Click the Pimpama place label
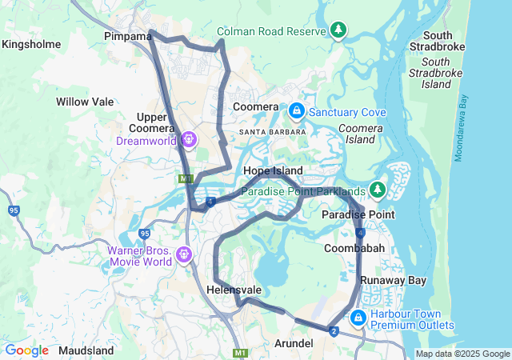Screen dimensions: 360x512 tap(128, 37)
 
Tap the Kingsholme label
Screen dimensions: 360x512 tap(31, 45)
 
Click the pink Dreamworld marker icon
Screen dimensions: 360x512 tap(189, 139)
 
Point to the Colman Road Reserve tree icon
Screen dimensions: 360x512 tap(339, 30)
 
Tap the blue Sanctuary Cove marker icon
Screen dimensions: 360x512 tap(296, 110)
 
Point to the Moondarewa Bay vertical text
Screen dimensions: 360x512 tap(463, 128)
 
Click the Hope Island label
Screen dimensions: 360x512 tap(273, 171)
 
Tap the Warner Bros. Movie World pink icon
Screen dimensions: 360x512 tap(186, 254)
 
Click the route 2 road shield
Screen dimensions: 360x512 tap(332, 330)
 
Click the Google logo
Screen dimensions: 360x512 tap(26, 350)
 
